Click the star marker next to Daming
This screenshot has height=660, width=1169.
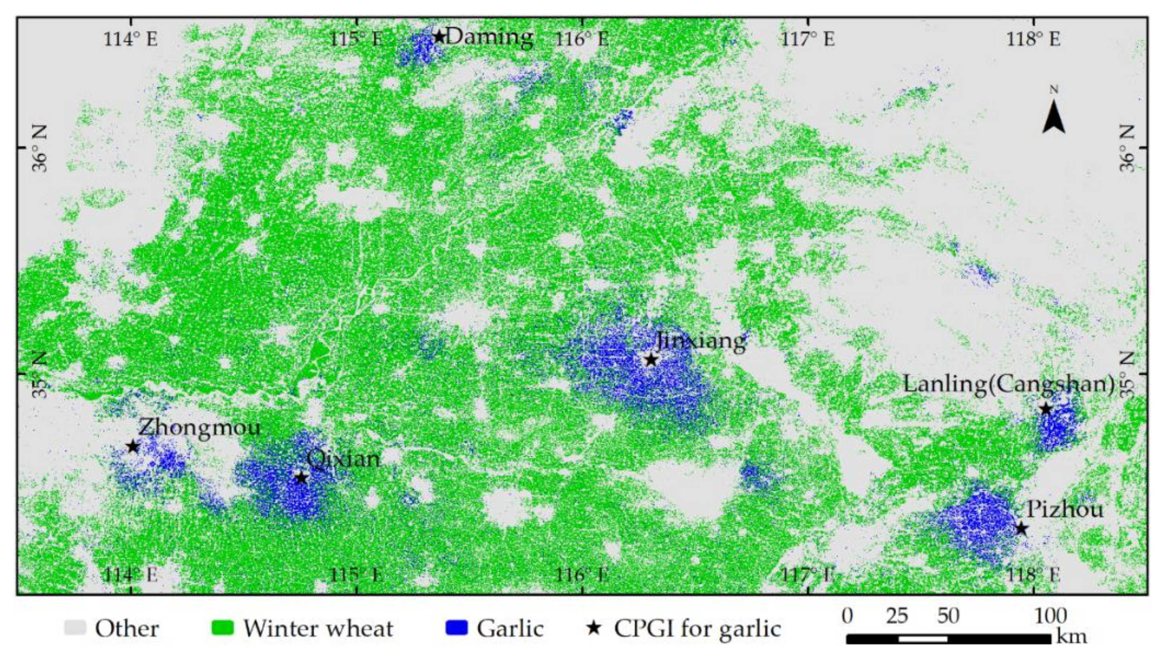[x=439, y=36]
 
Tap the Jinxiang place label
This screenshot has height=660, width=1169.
[x=701, y=340]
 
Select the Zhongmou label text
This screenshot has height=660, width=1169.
[x=199, y=428]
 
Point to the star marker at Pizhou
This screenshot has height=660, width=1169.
[x=1021, y=529]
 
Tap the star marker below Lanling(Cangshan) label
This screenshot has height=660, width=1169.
[x=1046, y=409]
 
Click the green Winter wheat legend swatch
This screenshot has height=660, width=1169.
[x=223, y=628]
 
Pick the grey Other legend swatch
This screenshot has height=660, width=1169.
[x=75, y=628]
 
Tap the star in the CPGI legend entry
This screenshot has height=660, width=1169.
[x=594, y=628]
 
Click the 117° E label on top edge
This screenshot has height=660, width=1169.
[x=808, y=39]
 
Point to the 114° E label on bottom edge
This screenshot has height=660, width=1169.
[x=131, y=576]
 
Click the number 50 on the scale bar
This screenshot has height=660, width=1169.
[x=948, y=616]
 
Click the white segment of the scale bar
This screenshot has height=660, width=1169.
[x=923, y=639]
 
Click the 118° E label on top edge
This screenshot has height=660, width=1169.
[x=1033, y=39]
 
